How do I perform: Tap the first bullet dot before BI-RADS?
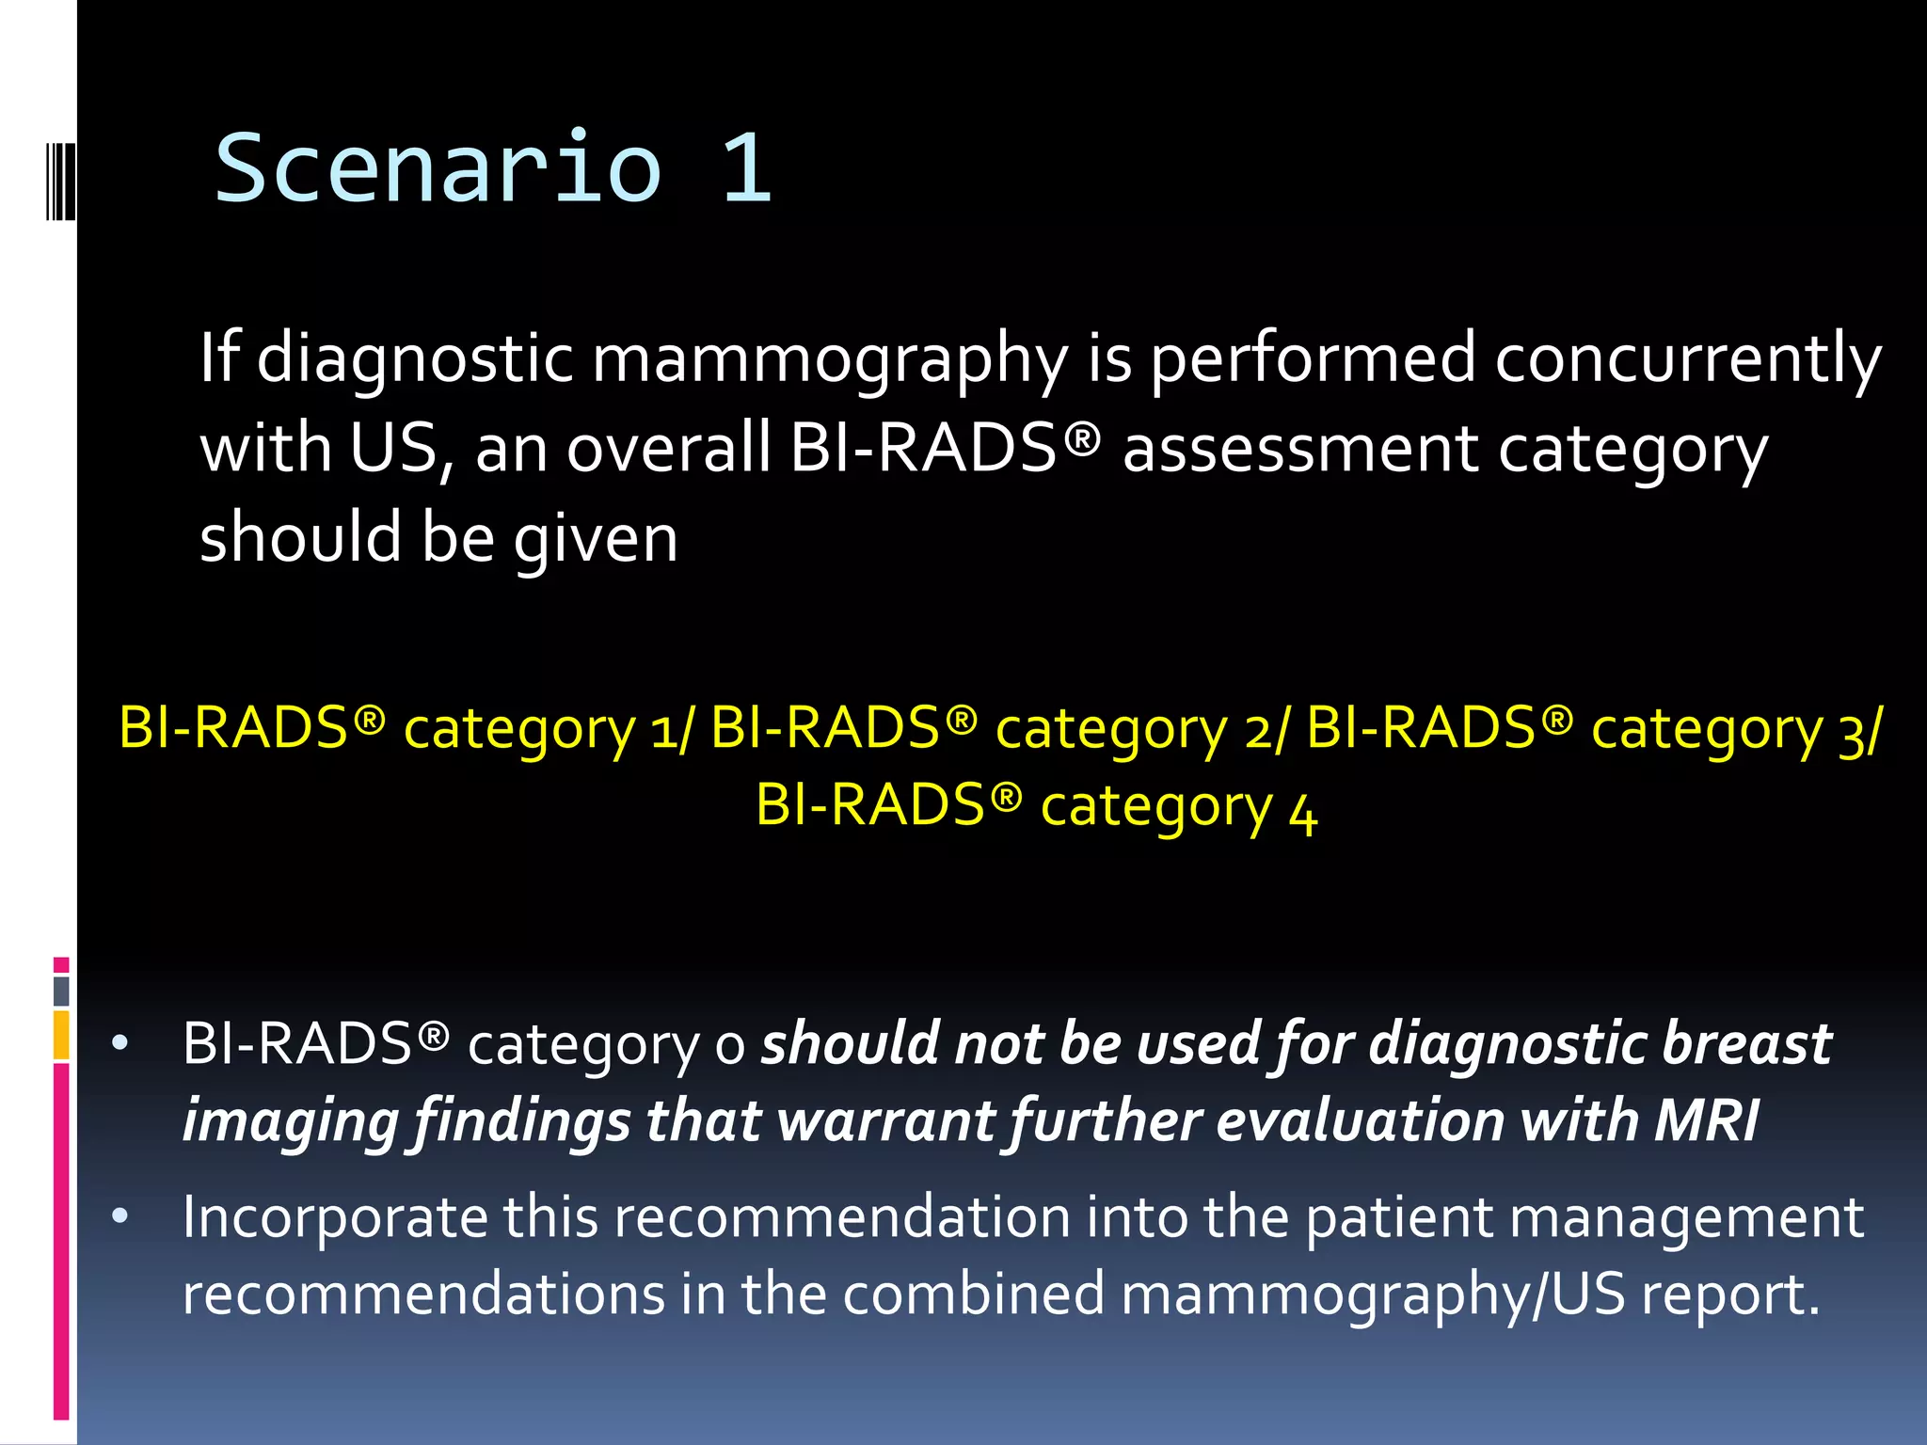coord(119,1043)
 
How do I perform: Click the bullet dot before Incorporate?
coord(119,1216)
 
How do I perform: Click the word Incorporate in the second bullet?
coord(335,1217)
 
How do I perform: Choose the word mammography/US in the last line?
coord(1374,1294)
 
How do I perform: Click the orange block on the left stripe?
coord(61,1035)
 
